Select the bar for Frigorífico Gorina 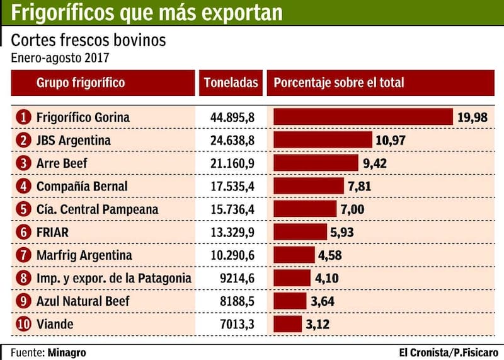pyautogui.click(x=363, y=117)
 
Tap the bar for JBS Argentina pyautogui.click(x=323, y=140)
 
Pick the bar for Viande pyautogui.click(x=287, y=324)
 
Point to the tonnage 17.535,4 pyautogui.click(x=232, y=186)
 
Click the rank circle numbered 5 pyautogui.click(x=23, y=209)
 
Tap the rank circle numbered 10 pyautogui.click(x=23, y=324)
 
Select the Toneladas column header pyautogui.click(x=231, y=83)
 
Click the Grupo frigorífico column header pyautogui.click(x=81, y=83)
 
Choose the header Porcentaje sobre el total pyautogui.click(x=339, y=83)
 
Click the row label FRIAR pyautogui.click(x=52, y=232)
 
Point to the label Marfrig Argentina pyautogui.click(x=84, y=255)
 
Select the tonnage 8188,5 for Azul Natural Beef pyautogui.click(x=236, y=301)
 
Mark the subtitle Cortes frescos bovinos pyautogui.click(x=89, y=41)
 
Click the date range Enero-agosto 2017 pyautogui.click(x=60, y=58)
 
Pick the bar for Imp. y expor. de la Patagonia pyautogui.click(x=292, y=278)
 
